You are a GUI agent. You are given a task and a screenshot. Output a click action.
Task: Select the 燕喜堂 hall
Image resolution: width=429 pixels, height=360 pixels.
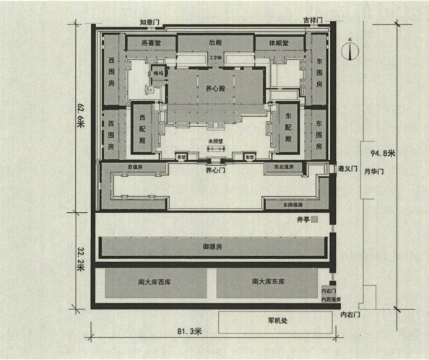150,43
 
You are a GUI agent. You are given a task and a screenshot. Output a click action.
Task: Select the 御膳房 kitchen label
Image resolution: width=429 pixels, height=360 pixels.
212,247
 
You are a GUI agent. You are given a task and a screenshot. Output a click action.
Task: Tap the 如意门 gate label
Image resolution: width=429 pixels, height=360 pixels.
150,22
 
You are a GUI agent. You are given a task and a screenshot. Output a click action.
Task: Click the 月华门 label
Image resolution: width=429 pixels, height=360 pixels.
373,171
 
